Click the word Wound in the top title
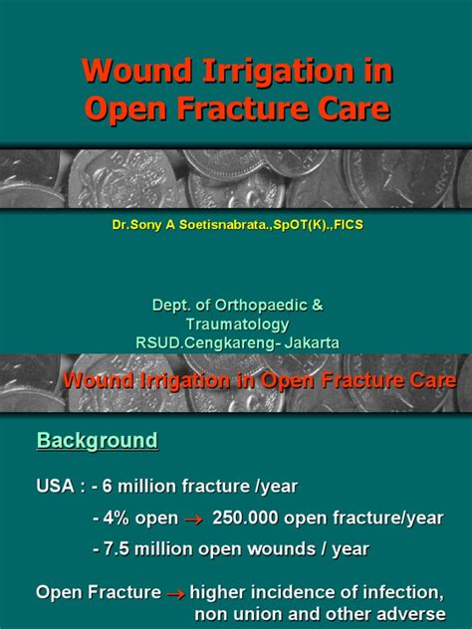click(137, 71)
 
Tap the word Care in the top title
click(354, 108)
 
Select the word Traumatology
click(238, 324)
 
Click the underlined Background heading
click(98, 441)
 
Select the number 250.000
click(245, 518)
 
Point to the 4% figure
click(116, 519)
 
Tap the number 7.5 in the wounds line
click(117, 549)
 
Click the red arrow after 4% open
click(194, 520)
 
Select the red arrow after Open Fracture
click(176, 594)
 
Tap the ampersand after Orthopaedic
click(318, 306)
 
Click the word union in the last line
click(257, 614)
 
